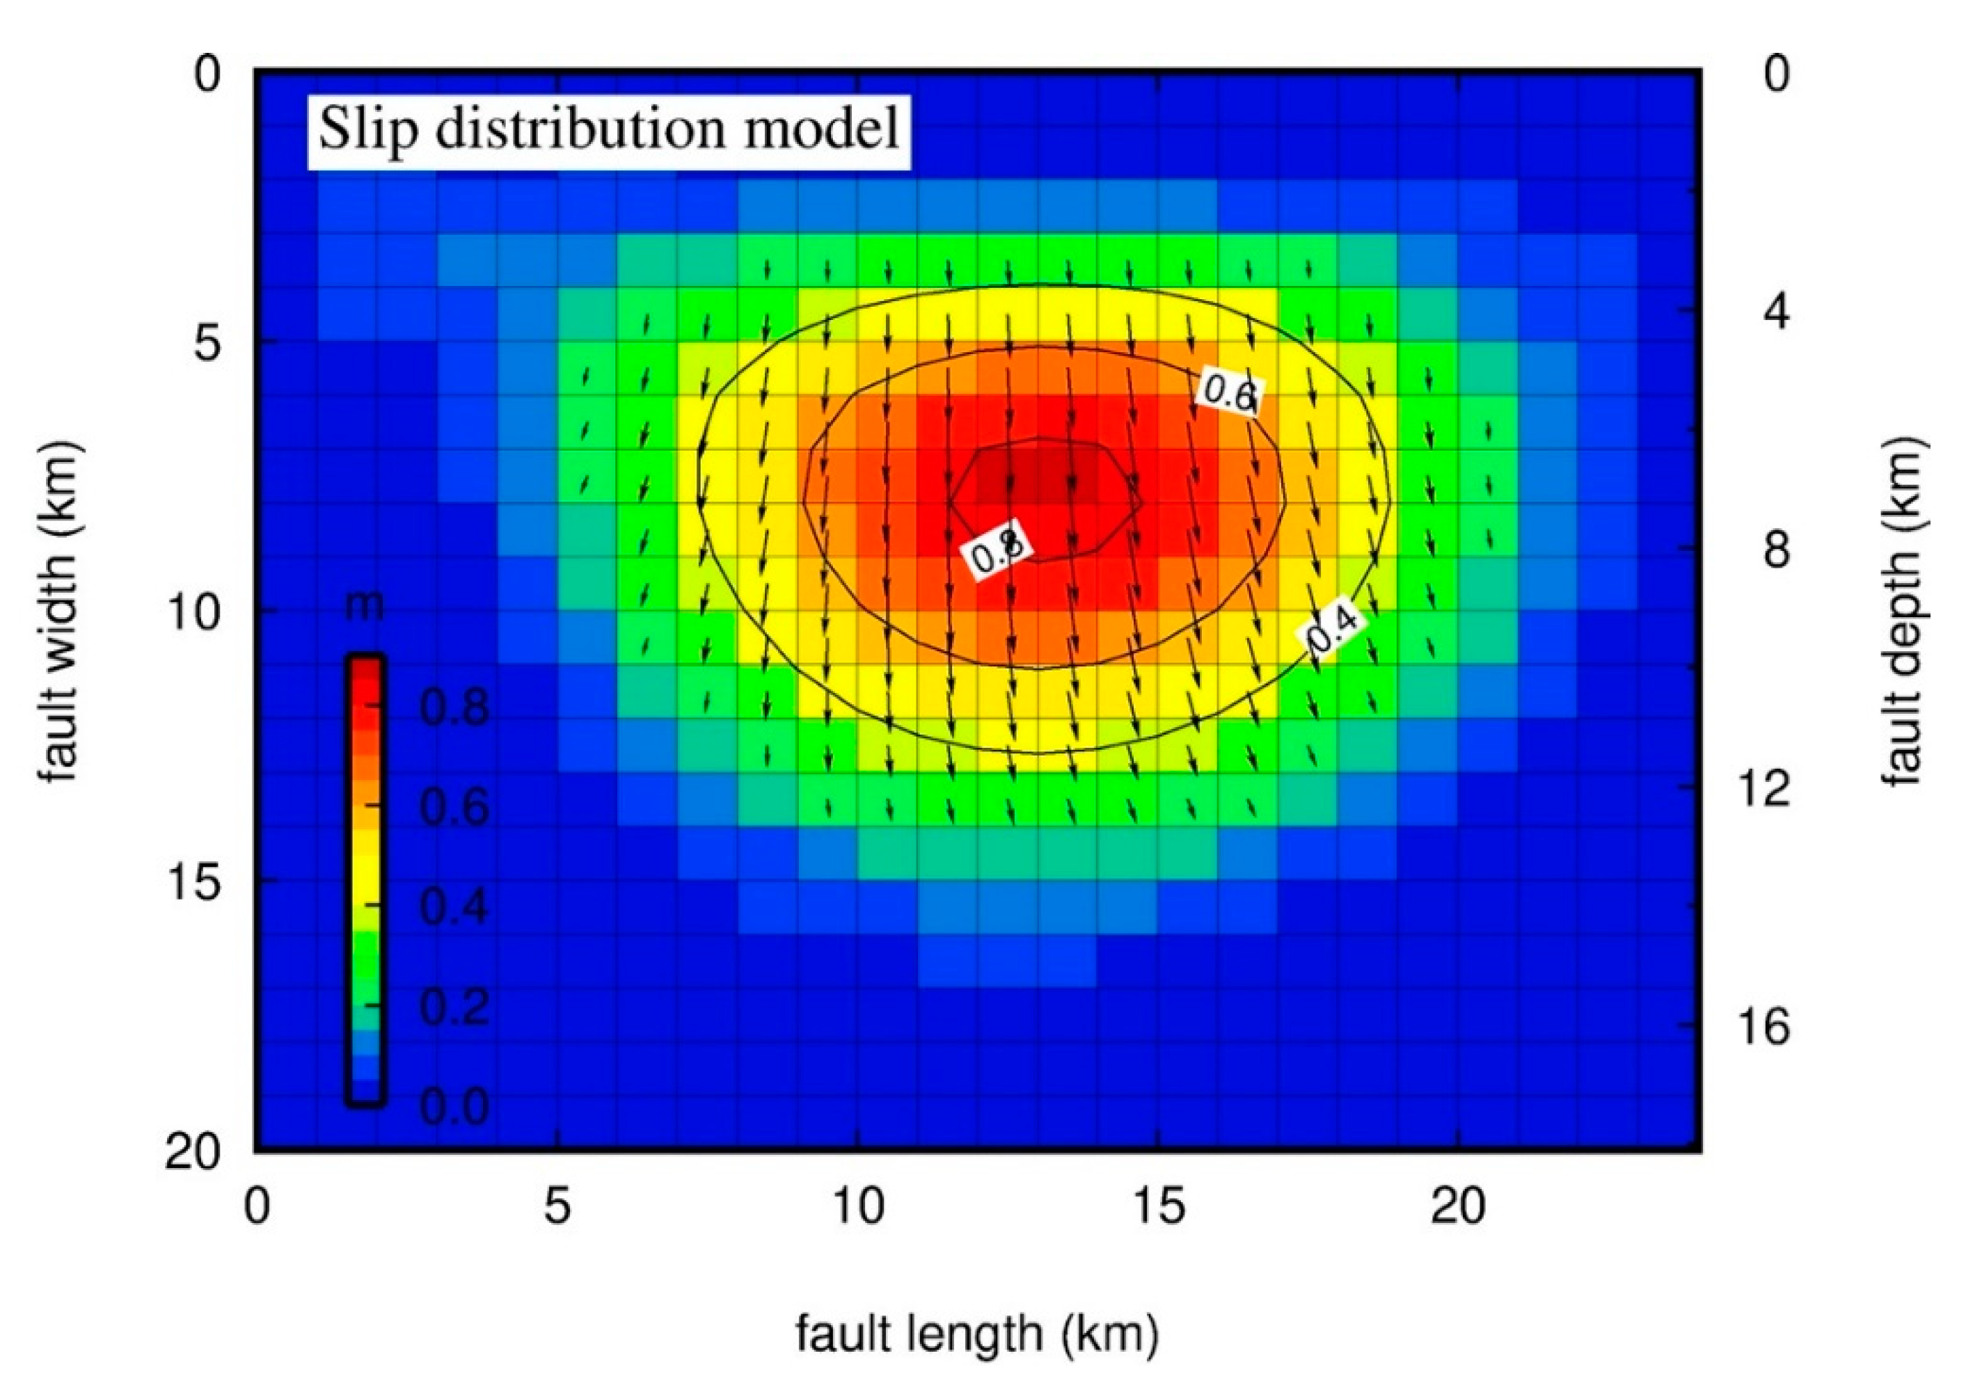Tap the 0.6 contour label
(1231, 393)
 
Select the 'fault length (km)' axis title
(977, 1334)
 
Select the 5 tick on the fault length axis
(557, 1207)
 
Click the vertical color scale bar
(365, 879)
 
